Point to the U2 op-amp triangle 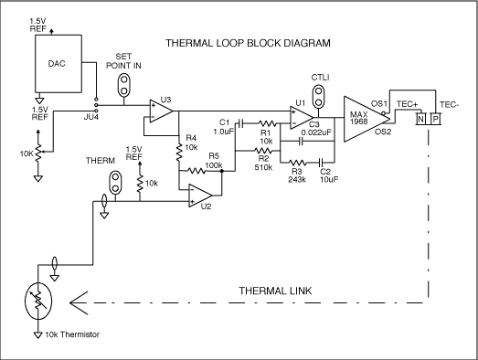201,194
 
